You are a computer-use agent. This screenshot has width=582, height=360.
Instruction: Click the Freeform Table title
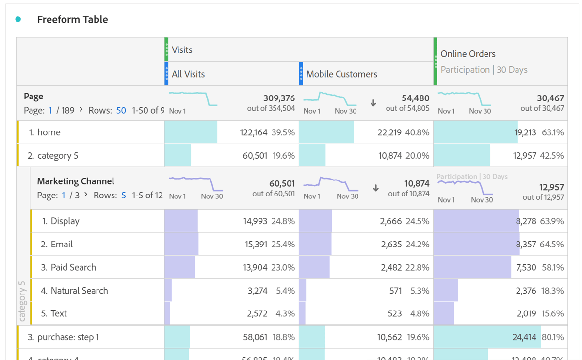coord(72,20)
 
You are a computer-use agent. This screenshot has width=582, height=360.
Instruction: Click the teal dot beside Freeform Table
coord(18,19)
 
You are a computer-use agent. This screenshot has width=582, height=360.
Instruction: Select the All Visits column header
coord(188,74)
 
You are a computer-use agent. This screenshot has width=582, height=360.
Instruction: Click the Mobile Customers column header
coord(341,74)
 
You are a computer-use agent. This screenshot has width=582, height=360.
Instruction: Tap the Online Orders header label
coord(468,54)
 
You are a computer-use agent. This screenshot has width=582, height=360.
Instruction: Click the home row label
coord(48,132)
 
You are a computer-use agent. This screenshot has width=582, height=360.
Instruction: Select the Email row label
coord(62,244)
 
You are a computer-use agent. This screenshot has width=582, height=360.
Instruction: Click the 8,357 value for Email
coord(526,244)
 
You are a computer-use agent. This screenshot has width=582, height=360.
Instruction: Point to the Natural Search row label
coord(79,291)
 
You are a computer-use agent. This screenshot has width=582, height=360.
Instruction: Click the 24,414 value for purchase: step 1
coord(524,337)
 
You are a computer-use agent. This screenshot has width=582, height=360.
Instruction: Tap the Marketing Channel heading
coord(76,181)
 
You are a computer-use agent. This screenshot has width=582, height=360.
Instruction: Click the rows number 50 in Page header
coord(121,111)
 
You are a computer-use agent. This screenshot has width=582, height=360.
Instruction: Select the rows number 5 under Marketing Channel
coord(123,196)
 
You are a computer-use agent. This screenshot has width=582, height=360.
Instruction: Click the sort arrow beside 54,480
coord(373,103)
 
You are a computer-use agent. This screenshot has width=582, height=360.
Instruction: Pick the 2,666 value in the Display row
coord(391,221)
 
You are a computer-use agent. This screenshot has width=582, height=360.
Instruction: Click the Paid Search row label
coord(73,267)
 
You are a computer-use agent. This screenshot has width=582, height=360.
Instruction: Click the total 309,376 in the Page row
coord(279,98)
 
